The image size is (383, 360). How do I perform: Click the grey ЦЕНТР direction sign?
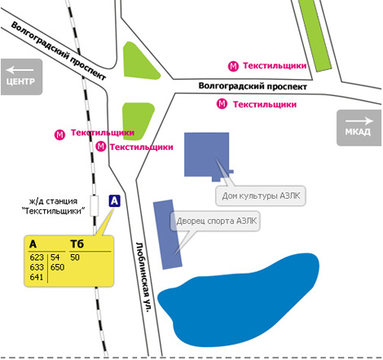(21, 77)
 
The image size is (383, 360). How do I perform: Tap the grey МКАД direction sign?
(359, 128)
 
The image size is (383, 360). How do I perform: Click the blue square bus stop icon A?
(114, 201)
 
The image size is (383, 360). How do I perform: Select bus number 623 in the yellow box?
(37, 257)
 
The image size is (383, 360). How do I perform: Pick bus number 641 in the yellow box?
(37, 277)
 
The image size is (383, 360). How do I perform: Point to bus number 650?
(57, 267)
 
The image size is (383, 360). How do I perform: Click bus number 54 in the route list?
(55, 257)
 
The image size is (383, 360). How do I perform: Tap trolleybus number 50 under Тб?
(75, 257)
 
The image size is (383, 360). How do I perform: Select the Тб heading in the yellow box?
(77, 244)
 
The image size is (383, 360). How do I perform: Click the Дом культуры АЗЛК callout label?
(261, 195)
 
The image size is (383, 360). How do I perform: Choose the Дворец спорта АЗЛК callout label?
(216, 221)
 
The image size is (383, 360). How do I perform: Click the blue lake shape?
(239, 301)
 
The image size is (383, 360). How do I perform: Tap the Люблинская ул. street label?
(143, 277)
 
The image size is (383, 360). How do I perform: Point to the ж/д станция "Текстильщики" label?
(53, 206)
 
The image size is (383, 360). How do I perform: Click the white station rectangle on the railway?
(95, 205)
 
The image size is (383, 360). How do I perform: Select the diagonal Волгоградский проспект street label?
(58, 51)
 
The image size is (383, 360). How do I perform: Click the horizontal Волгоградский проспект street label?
(253, 86)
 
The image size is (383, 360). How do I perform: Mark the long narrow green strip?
(315, 35)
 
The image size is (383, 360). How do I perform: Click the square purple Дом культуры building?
(206, 155)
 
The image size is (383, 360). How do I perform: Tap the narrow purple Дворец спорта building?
(167, 235)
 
